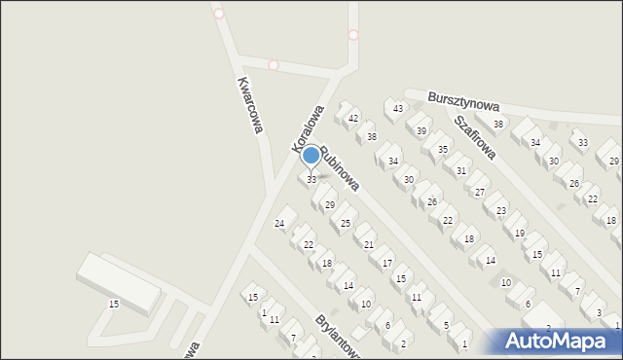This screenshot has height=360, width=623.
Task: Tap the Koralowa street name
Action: [308, 129]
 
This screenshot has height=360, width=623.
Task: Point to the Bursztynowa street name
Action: [463, 101]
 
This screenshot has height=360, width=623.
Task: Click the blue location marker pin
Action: [311, 156]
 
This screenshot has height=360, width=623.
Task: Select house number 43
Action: [398, 108]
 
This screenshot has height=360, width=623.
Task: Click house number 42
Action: [353, 119]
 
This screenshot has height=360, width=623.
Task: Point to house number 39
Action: [421, 131]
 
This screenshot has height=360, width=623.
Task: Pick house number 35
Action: [443, 149]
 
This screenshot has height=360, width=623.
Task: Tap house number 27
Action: [480, 193]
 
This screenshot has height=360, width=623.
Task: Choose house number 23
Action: [501, 211]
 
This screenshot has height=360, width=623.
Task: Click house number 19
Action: [520, 234]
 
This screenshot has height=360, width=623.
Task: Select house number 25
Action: [346, 224]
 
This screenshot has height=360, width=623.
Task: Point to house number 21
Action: [369, 245]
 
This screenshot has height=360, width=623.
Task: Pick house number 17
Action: [387, 264]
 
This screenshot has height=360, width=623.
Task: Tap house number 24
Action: [280, 225]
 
